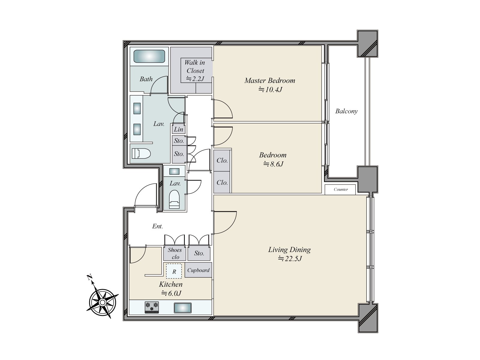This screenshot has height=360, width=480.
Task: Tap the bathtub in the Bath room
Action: pos(149,56)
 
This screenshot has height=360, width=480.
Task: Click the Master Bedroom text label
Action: pos(270,81)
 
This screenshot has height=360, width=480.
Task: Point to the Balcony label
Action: pos(346,111)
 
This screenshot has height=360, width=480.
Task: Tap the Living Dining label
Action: pos(289,250)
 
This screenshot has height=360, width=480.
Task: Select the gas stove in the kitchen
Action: pos(152,307)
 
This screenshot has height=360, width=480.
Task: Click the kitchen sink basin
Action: pos(183,308)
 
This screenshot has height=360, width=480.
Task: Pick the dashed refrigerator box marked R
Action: pos(174,271)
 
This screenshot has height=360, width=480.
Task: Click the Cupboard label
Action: pos(198,270)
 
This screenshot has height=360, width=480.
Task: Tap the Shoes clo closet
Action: pos(175,254)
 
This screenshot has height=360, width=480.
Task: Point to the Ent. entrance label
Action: pos(157,226)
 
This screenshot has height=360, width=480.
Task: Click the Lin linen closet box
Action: pos(179,129)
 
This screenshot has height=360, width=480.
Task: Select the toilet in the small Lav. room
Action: pos(174,199)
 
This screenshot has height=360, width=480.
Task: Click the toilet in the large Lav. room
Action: pos(141,153)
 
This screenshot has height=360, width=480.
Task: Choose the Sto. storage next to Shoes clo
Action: pos(199,253)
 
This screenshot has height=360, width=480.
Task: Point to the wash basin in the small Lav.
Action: pos(174,171)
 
